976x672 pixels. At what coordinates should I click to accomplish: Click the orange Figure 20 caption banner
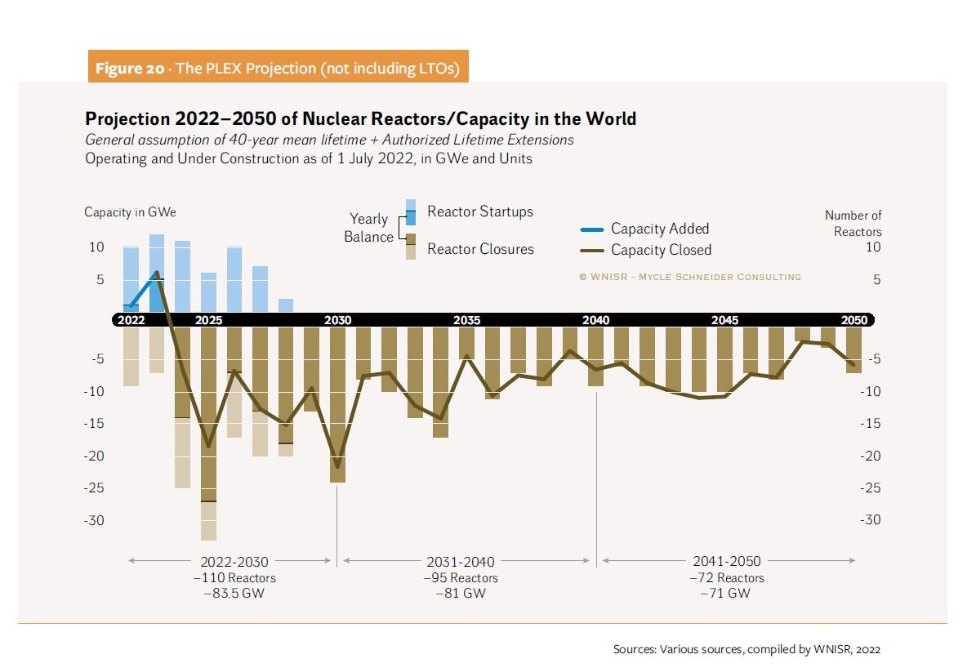(x=278, y=68)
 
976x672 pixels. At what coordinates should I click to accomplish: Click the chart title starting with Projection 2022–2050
(x=360, y=119)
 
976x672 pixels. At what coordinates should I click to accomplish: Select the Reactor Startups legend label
(x=479, y=212)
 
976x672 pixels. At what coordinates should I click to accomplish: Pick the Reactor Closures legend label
(x=480, y=249)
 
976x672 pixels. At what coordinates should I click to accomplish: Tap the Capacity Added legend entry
(x=659, y=229)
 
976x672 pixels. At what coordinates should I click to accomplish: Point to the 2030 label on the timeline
(x=337, y=320)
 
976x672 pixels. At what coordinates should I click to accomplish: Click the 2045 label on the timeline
(x=724, y=320)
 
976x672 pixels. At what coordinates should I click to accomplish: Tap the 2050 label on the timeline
(x=854, y=320)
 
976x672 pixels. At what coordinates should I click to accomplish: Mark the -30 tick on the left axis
(x=96, y=520)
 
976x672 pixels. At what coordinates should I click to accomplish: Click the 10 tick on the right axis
(x=873, y=247)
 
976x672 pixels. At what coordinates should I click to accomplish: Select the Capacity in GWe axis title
(x=130, y=212)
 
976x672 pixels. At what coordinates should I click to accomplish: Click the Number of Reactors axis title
(x=853, y=223)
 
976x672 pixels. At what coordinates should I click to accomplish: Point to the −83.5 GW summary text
(x=234, y=594)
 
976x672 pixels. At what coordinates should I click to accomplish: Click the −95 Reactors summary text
(x=460, y=578)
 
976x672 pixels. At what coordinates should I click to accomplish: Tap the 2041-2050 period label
(x=726, y=561)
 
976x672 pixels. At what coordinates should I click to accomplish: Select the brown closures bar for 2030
(x=337, y=404)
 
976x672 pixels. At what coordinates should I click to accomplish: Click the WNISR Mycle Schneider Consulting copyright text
(x=689, y=277)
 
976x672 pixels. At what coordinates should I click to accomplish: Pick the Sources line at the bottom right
(x=746, y=650)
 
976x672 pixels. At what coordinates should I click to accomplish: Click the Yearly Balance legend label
(x=368, y=227)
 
